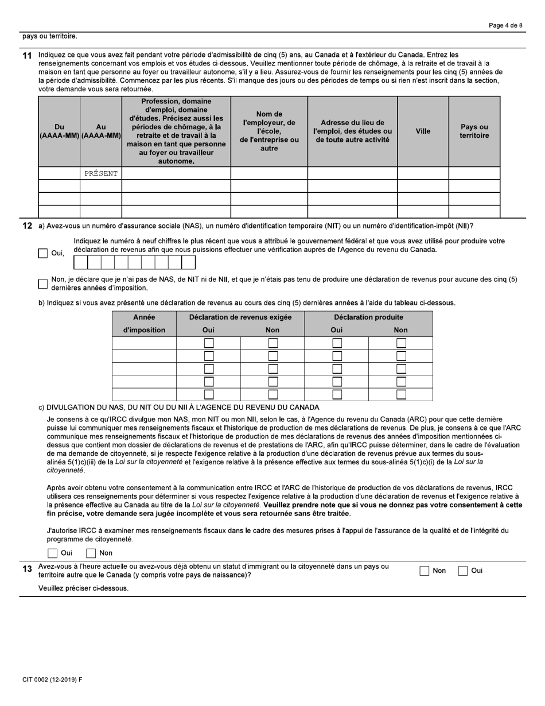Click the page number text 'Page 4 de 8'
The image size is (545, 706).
pos(505,25)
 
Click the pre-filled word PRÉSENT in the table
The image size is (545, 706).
pos(100,173)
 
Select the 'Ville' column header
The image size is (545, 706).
pos(423,131)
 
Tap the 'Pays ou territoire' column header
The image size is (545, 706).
pos(474,131)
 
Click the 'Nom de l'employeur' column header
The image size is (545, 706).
pos(269,131)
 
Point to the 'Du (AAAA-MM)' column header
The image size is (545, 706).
pos(59,131)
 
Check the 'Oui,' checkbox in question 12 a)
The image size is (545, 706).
pos(42,253)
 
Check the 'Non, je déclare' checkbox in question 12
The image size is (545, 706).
pos(42,284)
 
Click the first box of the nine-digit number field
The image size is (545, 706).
pos(81,263)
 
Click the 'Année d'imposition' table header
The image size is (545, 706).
pos(144,324)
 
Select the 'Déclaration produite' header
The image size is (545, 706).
pos(368,317)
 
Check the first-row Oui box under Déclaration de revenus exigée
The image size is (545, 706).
pos(209,343)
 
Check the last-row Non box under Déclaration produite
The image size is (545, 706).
pos(401,394)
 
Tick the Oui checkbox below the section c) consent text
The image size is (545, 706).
pos(53,553)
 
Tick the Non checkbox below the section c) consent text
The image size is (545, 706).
pos(91,553)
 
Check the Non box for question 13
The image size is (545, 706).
pos(425,571)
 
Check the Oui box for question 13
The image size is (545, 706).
pos(463,571)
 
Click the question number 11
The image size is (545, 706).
pos(27,55)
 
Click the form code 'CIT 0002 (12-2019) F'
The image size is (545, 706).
pos(52,680)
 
